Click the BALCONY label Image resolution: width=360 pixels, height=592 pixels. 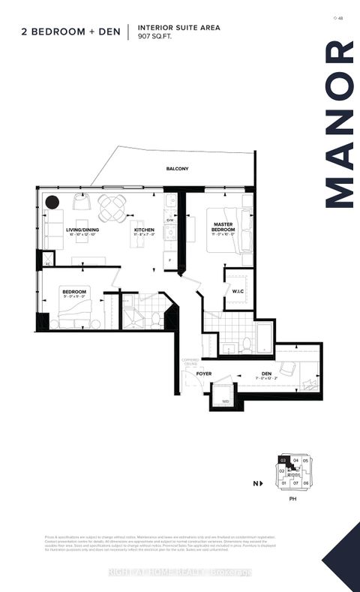(177, 169)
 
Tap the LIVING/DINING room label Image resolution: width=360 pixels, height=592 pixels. (84, 230)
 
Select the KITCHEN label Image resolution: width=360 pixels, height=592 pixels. (144, 230)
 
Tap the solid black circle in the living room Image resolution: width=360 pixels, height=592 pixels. (52, 202)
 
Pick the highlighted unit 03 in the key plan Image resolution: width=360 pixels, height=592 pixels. (284, 461)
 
